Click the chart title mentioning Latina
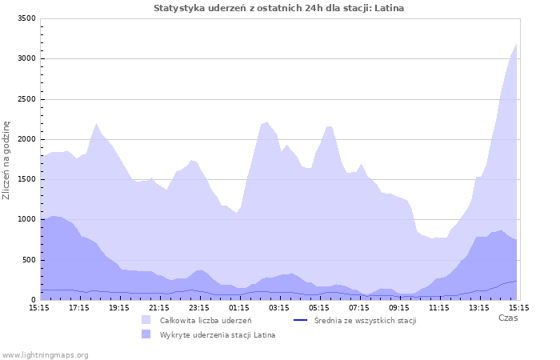point(278,8)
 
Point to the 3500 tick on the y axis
point(26,18)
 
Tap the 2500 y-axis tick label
point(26,99)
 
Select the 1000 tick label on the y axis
point(26,220)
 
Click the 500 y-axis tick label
point(29,260)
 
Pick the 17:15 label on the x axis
point(79,307)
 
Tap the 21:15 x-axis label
point(159,307)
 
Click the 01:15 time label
point(239,307)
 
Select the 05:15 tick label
point(319,307)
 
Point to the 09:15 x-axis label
point(399,307)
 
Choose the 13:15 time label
point(479,307)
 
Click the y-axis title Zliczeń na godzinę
point(7,160)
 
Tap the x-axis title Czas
point(507,318)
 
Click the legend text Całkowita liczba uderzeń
point(206,320)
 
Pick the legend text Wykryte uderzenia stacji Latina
point(218,334)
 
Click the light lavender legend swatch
point(146,320)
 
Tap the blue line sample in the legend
point(302,320)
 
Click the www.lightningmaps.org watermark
point(45,354)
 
